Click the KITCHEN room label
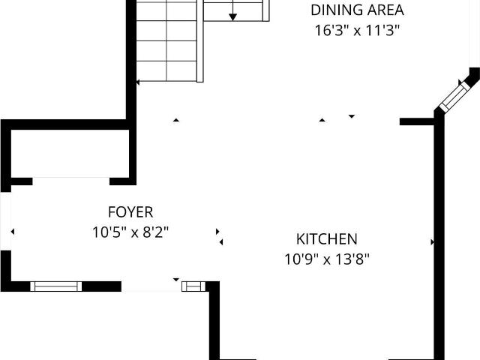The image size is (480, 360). tap(327, 239)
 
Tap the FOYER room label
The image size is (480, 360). tap(130, 212)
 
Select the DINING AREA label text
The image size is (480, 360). tap(357, 10)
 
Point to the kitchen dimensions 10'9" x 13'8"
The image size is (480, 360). tap(327, 259)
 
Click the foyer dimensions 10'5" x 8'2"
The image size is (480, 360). tap(130, 232)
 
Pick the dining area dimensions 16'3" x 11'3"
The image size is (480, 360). tap(357, 31)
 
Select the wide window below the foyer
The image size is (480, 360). tap(56, 286)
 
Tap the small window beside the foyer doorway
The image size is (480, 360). tap(193, 286)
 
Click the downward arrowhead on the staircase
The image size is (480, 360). tap(233, 17)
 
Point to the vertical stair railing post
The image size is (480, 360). tap(200, 41)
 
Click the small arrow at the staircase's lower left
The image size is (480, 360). tap(138, 82)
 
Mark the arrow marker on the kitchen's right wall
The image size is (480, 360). tap(433, 242)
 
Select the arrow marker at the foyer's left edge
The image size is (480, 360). tap(13, 232)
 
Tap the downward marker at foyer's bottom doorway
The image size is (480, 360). tap(176, 280)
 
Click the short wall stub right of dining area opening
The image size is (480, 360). tap(418, 121)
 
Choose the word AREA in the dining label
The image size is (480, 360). tap(385, 10)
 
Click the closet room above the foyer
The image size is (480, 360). tap(70, 153)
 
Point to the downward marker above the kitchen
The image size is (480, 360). tap(352, 116)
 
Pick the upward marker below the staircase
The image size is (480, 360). tap(176, 120)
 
